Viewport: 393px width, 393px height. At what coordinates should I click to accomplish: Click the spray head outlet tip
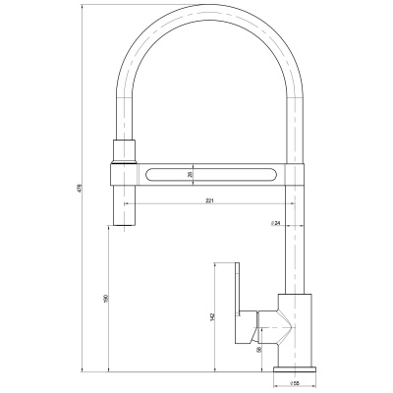coord(126,222)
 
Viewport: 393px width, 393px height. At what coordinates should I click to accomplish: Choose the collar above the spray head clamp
coord(125,151)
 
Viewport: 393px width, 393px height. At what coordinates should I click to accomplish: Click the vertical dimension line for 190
coord(109,298)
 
